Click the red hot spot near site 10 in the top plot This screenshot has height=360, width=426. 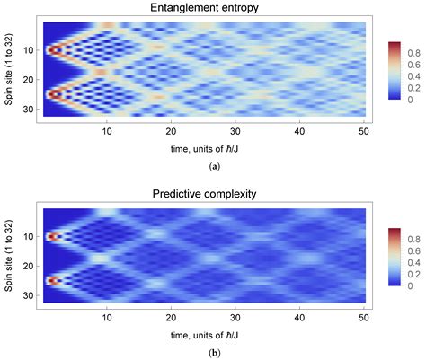coord(52,50)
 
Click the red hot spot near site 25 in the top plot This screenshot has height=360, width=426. coord(52,93)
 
